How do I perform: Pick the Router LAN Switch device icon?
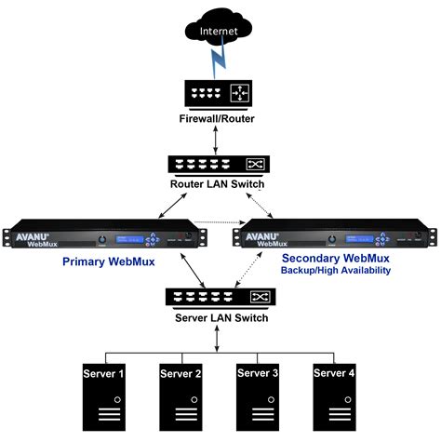220,166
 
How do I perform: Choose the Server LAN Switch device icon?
220,298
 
